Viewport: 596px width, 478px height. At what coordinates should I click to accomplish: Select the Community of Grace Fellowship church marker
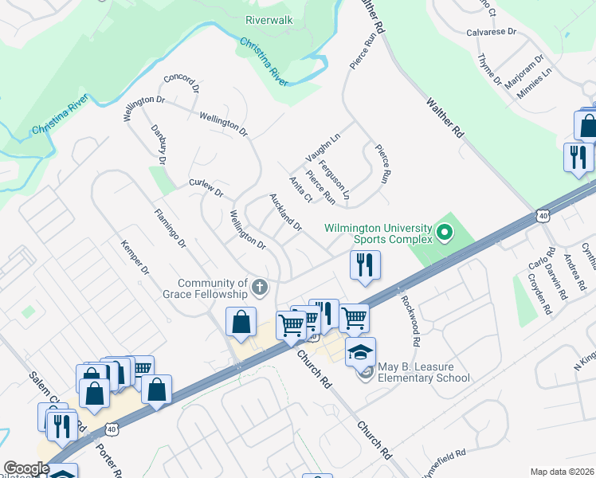[259, 287]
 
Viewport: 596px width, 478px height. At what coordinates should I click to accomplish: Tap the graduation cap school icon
[360, 351]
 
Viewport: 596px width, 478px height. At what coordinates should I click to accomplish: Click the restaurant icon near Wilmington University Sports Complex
[365, 265]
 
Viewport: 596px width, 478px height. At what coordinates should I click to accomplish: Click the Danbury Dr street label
[157, 144]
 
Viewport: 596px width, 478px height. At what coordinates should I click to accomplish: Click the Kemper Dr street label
[135, 258]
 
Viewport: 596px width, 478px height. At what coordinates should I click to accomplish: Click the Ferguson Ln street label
[335, 179]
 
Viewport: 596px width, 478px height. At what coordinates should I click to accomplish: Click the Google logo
[25, 468]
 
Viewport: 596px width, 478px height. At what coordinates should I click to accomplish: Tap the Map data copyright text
[563, 472]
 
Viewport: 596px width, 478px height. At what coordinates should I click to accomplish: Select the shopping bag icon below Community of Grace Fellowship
[241, 322]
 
